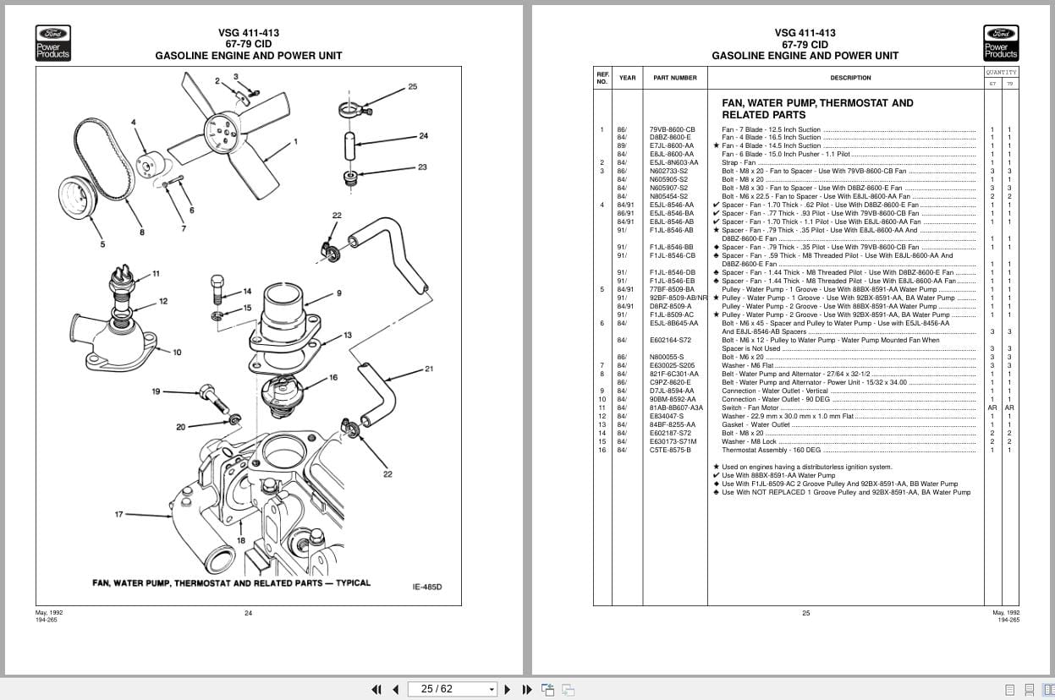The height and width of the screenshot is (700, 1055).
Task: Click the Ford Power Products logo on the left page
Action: click(x=52, y=43)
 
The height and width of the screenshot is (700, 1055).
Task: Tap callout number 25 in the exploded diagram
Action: click(x=412, y=86)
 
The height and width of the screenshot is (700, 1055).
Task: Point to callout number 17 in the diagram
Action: click(x=119, y=514)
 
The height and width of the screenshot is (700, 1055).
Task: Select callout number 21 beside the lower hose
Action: click(x=429, y=369)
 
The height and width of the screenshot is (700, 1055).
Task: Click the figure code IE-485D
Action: click(x=427, y=587)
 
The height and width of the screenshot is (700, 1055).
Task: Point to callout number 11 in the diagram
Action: click(x=156, y=273)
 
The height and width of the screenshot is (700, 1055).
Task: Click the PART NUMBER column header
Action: click(x=674, y=78)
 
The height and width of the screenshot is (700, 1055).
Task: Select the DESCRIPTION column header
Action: click(x=850, y=78)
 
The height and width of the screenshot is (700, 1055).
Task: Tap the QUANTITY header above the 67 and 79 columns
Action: click(x=1001, y=72)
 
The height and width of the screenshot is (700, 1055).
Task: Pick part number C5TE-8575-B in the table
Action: click(x=670, y=450)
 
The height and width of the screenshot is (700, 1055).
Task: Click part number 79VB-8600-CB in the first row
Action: click(x=672, y=129)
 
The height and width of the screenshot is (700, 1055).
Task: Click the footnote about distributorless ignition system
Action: click(x=806, y=467)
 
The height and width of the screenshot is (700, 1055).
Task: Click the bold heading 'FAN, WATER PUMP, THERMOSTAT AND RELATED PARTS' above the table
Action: click(x=816, y=108)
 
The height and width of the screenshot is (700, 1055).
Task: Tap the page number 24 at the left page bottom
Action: click(x=248, y=613)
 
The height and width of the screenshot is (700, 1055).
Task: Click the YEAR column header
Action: click(x=627, y=78)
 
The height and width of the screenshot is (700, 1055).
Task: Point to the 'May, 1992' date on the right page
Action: click(x=1006, y=612)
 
